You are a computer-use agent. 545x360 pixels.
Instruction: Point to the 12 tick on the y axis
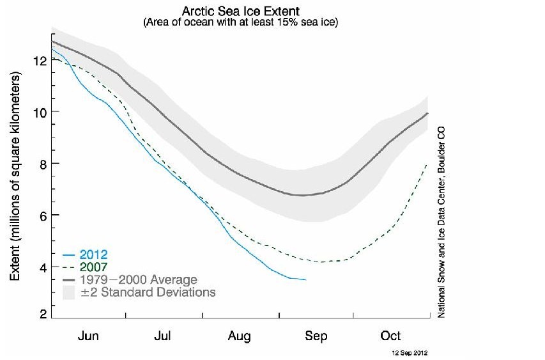[39, 61]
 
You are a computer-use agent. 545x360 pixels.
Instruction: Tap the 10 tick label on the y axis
[39, 112]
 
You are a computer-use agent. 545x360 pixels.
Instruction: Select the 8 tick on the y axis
[42, 164]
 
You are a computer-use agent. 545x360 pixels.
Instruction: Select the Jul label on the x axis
[164, 336]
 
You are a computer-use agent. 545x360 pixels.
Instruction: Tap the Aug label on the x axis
[240, 336]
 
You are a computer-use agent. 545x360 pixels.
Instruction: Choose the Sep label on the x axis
[316, 336]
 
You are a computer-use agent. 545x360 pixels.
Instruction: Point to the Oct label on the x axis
[390, 336]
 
